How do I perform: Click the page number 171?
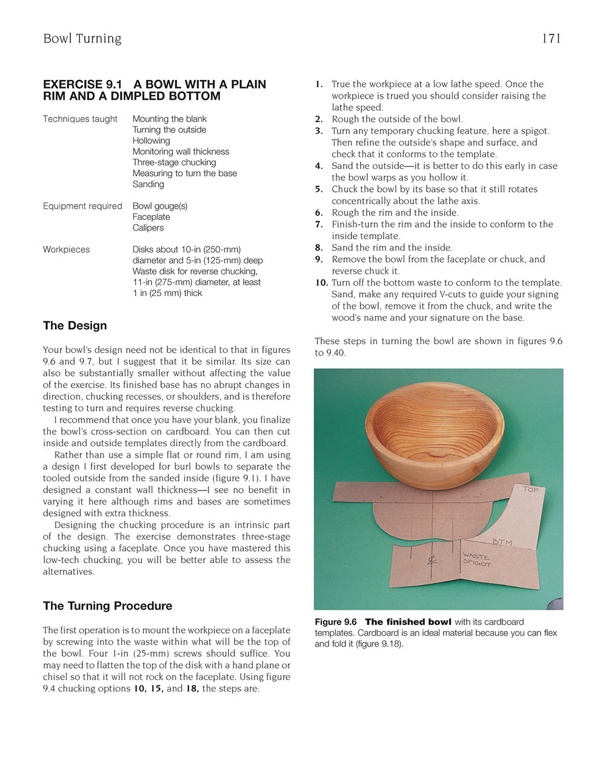pos(551,39)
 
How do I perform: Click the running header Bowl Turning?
pos(82,39)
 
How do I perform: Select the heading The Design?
pos(75,325)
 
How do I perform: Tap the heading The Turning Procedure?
pos(107,606)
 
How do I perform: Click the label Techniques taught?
pos(80,119)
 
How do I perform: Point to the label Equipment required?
pos(82,206)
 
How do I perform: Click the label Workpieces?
pos(66,249)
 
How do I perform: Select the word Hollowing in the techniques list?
pos(151,140)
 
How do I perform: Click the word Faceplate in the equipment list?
pos(151,217)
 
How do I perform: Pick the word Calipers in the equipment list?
pos(148,228)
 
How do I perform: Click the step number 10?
pos(321,283)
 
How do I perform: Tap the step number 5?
pos(319,190)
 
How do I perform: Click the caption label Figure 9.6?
pos(335,622)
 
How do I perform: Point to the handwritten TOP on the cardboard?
pos(530,489)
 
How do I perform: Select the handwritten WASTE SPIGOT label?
pos(478,559)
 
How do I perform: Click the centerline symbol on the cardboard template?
pos(432,560)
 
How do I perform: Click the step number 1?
pos(319,84)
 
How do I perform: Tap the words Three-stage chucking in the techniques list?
pos(174,162)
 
